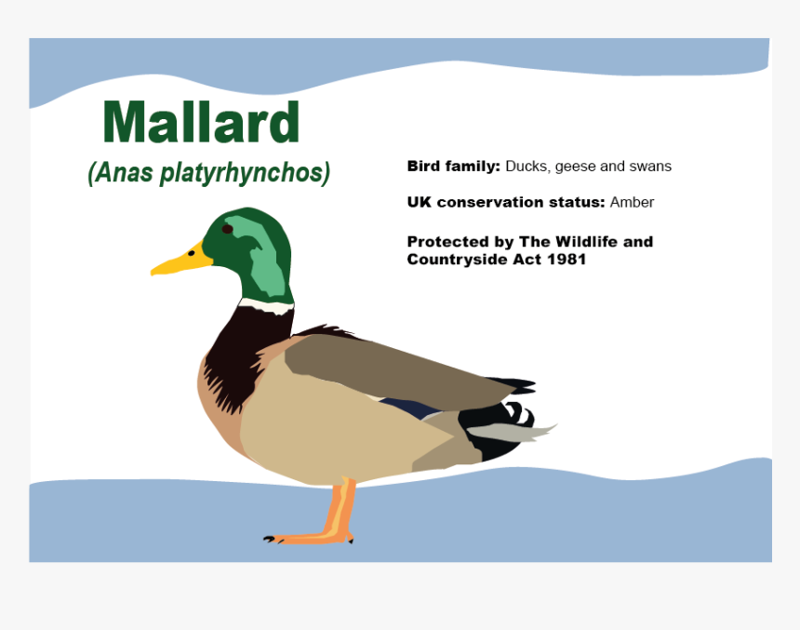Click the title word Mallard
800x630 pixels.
click(x=201, y=123)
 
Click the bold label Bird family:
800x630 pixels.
click(x=453, y=167)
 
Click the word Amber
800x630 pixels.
click(x=632, y=202)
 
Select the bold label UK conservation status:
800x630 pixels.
click(x=505, y=202)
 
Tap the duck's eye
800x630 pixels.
click(x=227, y=229)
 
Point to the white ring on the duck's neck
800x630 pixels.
click(x=267, y=305)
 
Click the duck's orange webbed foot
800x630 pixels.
click(x=307, y=537)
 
